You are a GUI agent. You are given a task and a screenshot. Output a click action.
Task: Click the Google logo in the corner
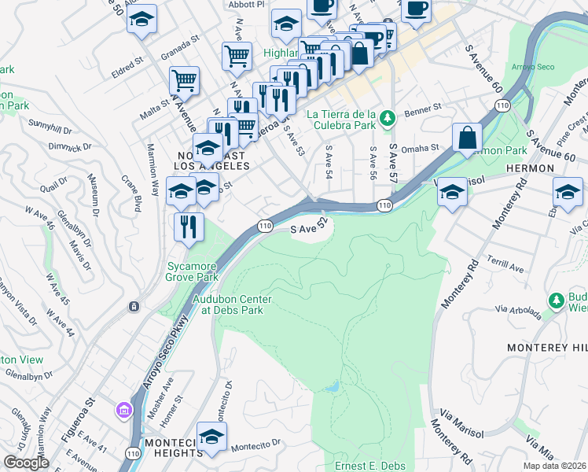26,463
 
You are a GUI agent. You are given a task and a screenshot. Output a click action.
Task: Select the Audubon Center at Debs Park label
233,304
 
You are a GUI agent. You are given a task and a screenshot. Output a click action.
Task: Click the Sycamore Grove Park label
191,271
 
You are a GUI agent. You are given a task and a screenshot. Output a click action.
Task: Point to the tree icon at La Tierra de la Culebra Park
387,118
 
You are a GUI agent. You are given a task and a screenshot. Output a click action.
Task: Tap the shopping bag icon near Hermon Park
467,138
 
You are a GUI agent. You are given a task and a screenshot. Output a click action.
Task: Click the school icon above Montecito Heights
211,437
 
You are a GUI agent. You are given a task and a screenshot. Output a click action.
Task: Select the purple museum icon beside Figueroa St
123,410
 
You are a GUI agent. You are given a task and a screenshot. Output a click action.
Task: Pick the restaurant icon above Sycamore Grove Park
189,227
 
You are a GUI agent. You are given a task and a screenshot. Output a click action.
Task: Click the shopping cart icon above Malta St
184,79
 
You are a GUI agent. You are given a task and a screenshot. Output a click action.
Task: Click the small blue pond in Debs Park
331,387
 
